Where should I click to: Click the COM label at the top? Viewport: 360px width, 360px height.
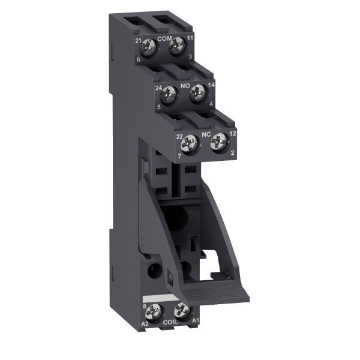tap(164, 38)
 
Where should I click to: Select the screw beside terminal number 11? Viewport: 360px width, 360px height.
tap(176, 45)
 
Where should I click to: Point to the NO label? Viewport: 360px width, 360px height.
tap(185, 86)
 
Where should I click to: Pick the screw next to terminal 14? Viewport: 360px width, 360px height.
tap(197, 93)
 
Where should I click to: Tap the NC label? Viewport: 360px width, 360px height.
tap(206, 134)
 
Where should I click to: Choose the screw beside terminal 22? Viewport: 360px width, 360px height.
tap(189, 144)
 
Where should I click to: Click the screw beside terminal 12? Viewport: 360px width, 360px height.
tap(219, 142)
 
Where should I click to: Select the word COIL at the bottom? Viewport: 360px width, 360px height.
tap(170, 322)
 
